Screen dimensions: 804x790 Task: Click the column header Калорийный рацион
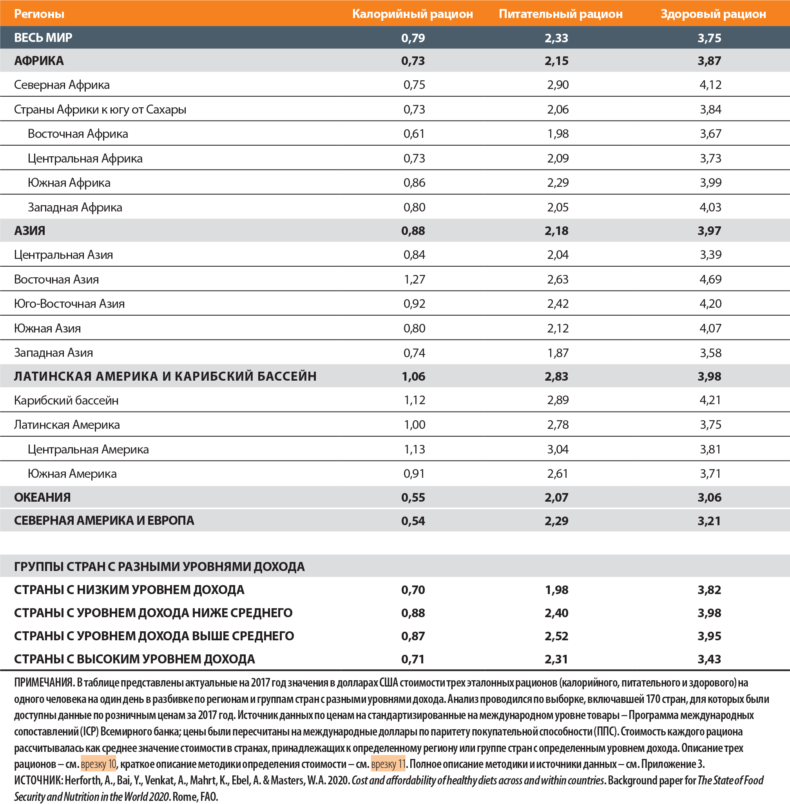pyautogui.click(x=412, y=14)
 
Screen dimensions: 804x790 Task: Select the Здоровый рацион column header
pyautogui.click(x=713, y=14)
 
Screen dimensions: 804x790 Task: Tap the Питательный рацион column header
pyautogui.click(x=560, y=14)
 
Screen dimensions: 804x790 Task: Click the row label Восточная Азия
pyautogui.click(x=56, y=279)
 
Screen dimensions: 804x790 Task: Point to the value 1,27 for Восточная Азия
pyautogui.click(x=414, y=279)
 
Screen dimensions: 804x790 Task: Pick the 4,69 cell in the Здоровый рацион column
pyautogui.click(x=710, y=279)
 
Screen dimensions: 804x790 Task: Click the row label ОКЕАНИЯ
pyautogui.click(x=42, y=497)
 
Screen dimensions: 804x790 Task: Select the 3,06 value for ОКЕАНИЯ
pyautogui.click(x=709, y=497)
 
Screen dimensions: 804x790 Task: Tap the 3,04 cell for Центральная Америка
pyautogui.click(x=557, y=449)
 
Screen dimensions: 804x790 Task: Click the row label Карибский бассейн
pyautogui.click(x=66, y=400)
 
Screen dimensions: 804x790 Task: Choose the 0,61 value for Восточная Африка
pyautogui.click(x=414, y=134)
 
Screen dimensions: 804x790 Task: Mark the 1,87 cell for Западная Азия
pyautogui.click(x=557, y=353)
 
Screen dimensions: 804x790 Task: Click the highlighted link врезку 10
pyautogui.click(x=99, y=764)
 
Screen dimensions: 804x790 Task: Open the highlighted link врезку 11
pyautogui.click(x=388, y=764)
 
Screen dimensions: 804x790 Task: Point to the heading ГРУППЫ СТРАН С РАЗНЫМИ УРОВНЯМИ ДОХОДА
pyautogui.click(x=159, y=566)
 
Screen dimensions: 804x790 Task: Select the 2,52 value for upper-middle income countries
pyautogui.click(x=556, y=636)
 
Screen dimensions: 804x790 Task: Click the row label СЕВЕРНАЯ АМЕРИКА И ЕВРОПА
pyautogui.click(x=104, y=520)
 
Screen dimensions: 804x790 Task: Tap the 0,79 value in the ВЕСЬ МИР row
pyautogui.click(x=413, y=38)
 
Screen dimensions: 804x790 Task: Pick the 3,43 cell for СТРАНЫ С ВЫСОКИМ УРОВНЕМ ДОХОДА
pyautogui.click(x=709, y=659)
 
